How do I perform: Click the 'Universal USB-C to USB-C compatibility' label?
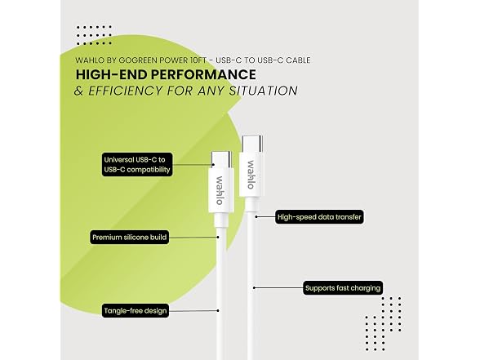click(x=137, y=164)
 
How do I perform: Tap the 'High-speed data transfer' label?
click(x=319, y=217)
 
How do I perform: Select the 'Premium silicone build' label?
click(x=130, y=238)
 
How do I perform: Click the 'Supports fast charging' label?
click(x=343, y=288)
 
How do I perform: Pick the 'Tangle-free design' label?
click(x=136, y=311)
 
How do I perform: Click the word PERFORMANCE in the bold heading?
click(x=203, y=75)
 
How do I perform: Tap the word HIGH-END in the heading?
click(x=111, y=75)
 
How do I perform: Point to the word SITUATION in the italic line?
click(x=263, y=91)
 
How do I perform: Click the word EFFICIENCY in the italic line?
click(x=126, y=91)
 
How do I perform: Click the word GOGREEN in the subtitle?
click(x=138, y=60)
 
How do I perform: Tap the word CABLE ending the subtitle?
click(x=298, y=60)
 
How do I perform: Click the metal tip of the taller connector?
click(x=252, y=144)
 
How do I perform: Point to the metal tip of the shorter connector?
click(x=221, y=160)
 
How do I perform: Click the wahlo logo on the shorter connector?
click(x=220, y=190)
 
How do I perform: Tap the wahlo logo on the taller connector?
click(x=251, y=175)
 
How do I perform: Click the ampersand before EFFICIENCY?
click(x=78, y=91)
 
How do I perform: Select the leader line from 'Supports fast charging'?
click(x=278, y=287)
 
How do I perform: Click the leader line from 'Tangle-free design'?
click(x=193, y=311)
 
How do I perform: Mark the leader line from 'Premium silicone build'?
click(x=193, y=238)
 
